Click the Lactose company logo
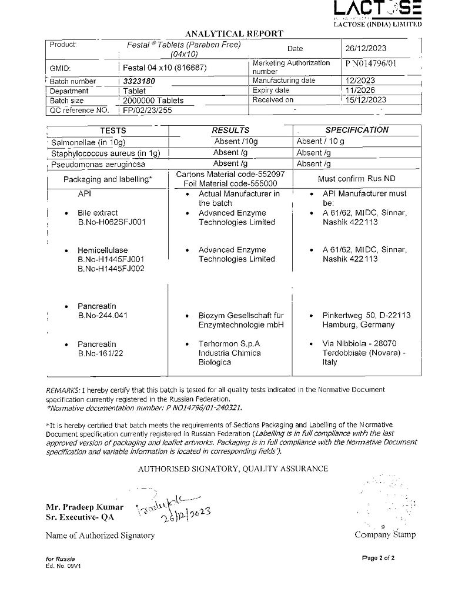(x=377, y=9)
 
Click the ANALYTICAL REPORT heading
(x=234, y=34)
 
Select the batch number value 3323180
(x=138, y=81)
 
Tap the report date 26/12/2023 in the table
(x=366, y=49)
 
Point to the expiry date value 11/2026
(x=362, y=91)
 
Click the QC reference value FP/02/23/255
(x=147, y=110)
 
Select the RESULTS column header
(x=230, y=130)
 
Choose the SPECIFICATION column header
(x=357, y=130)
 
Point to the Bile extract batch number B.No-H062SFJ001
(x=112, y=222)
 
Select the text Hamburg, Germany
(x=359, y=325)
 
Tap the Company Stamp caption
(x=385, y=534)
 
